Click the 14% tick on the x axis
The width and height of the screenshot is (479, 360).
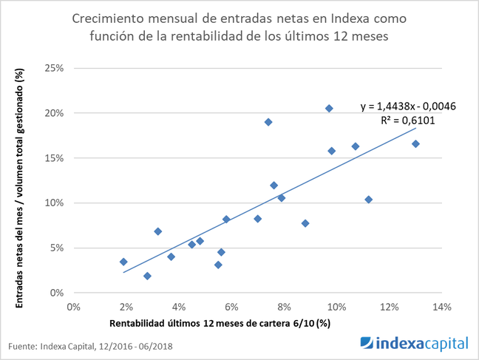coord(441,306)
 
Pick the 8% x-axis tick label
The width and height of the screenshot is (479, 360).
coord(284,306)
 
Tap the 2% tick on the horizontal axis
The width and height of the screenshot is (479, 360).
coord(126,306)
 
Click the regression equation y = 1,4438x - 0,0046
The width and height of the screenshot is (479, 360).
coord(408,106)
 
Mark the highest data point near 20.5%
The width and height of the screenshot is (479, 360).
coord(329,109)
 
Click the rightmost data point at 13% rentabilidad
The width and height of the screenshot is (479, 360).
coord(415,143)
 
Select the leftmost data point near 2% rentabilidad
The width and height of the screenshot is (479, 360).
coord(123,262)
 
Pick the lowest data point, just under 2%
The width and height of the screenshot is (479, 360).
coord(147,276)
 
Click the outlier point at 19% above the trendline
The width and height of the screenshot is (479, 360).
coord(268,122)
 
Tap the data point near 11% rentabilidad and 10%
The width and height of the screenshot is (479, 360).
coord(368,200)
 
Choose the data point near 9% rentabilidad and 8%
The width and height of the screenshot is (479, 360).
coord(305,223)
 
